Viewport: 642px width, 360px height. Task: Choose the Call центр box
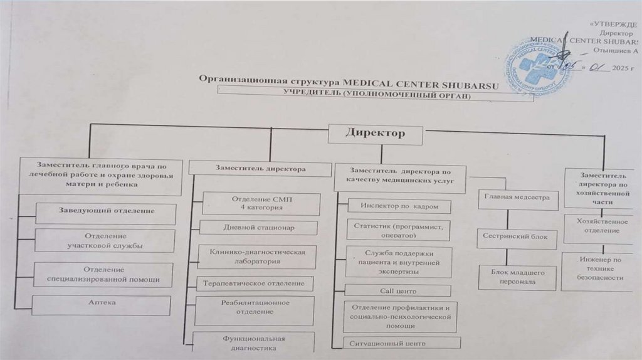point(398,291)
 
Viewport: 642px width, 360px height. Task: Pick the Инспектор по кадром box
point(398,206)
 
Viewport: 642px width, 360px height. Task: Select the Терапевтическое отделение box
point(254,283)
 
